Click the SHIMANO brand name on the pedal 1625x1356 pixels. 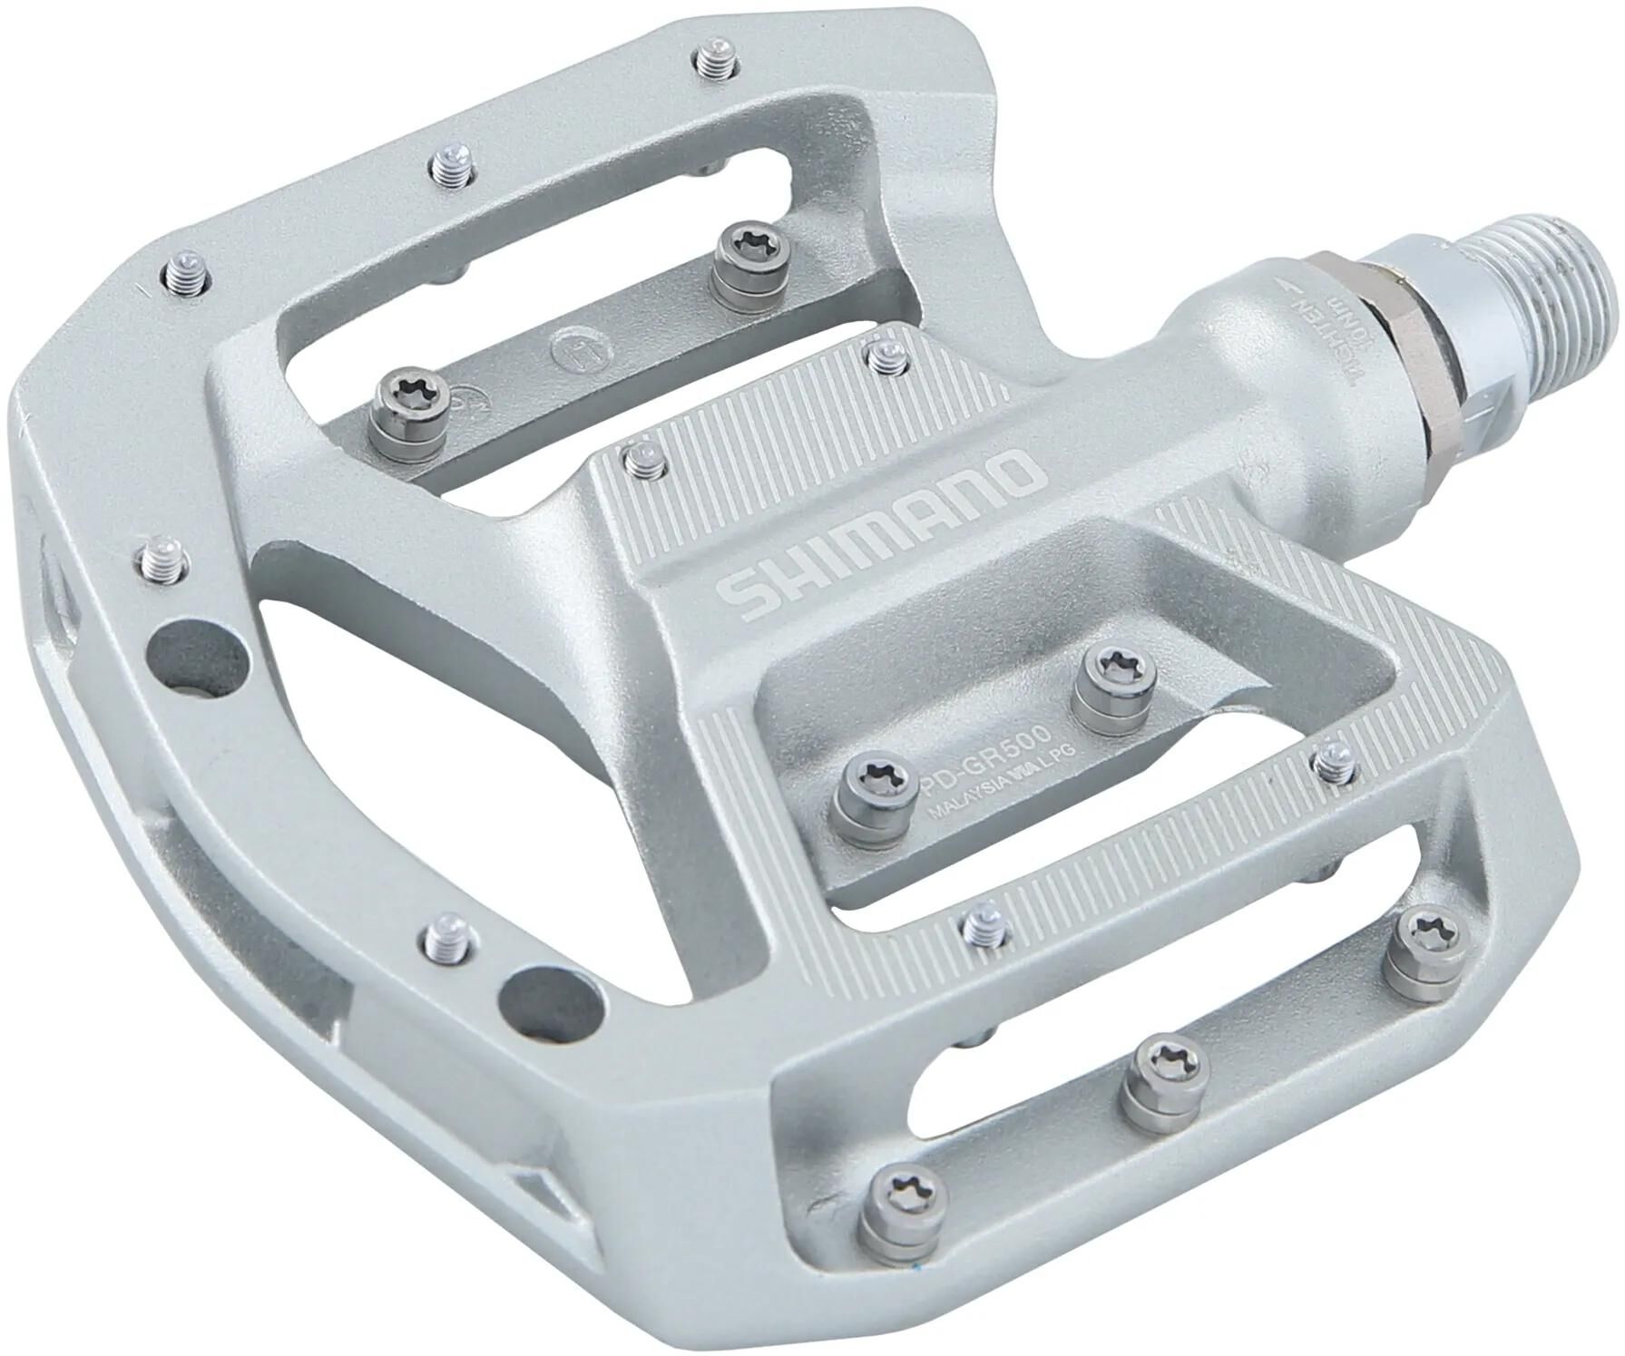[880, 533]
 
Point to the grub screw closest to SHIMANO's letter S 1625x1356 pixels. [641, 459]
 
